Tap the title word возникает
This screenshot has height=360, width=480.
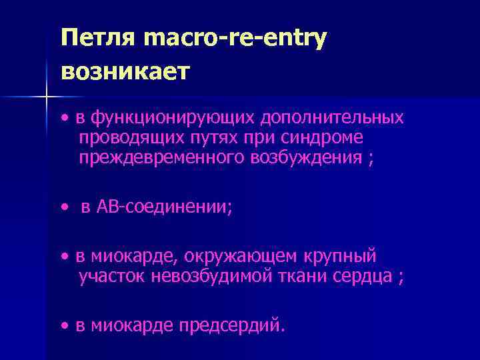click(x=125, y=71)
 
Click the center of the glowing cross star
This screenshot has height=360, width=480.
click(x=47, y=97)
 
